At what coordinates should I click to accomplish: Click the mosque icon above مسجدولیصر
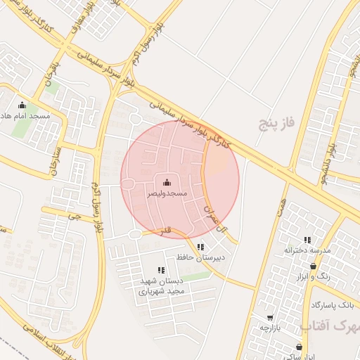(166, 184)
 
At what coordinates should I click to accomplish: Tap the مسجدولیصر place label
(167, 193)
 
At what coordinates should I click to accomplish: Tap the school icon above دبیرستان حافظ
(200, 247)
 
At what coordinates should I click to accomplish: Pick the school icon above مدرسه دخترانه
(307, 240)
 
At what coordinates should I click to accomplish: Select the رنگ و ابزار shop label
(314, 276)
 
